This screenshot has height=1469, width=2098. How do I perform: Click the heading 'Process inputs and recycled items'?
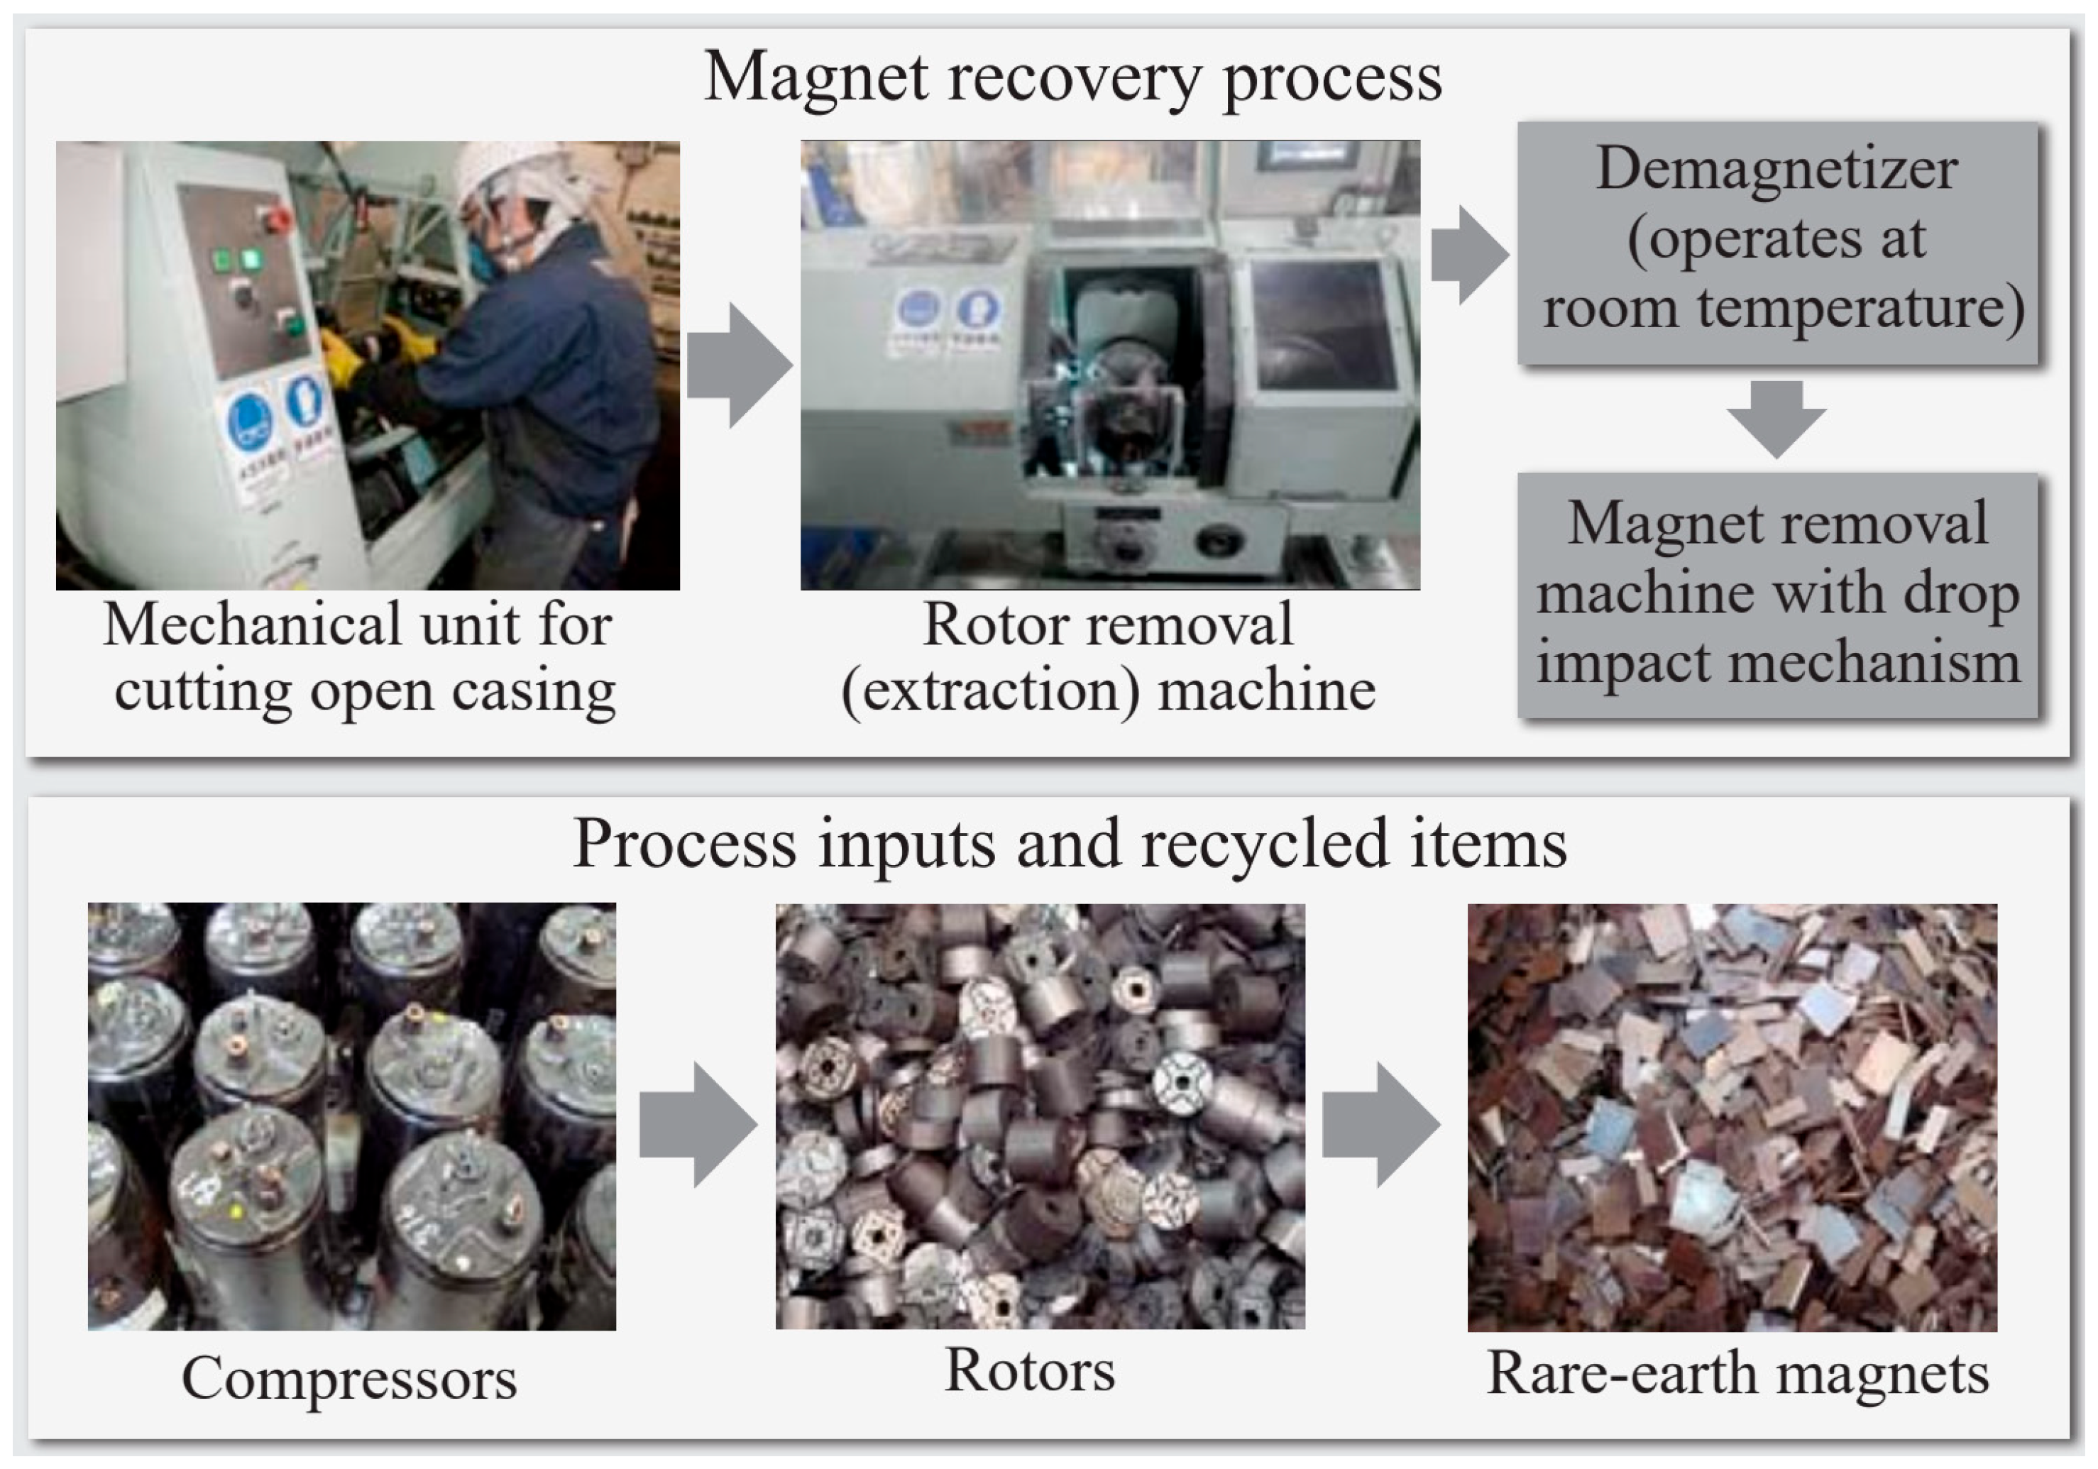tap(1069, 842)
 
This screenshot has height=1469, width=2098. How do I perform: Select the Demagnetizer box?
tap(1777, 243)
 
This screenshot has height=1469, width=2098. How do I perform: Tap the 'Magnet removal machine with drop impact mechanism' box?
tap(1777, 594)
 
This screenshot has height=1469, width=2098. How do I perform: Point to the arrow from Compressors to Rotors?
tap(696, 1123)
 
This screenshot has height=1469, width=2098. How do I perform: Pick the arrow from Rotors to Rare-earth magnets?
tap(1380, 1123)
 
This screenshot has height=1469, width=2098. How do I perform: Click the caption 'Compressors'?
tap(349, 1377)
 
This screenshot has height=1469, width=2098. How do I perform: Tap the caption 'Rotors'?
tap(1030, 1370)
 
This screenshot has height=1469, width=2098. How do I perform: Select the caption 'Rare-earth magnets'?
tap(1738, 1373)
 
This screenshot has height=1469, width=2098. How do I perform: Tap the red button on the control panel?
tap(273, 220)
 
